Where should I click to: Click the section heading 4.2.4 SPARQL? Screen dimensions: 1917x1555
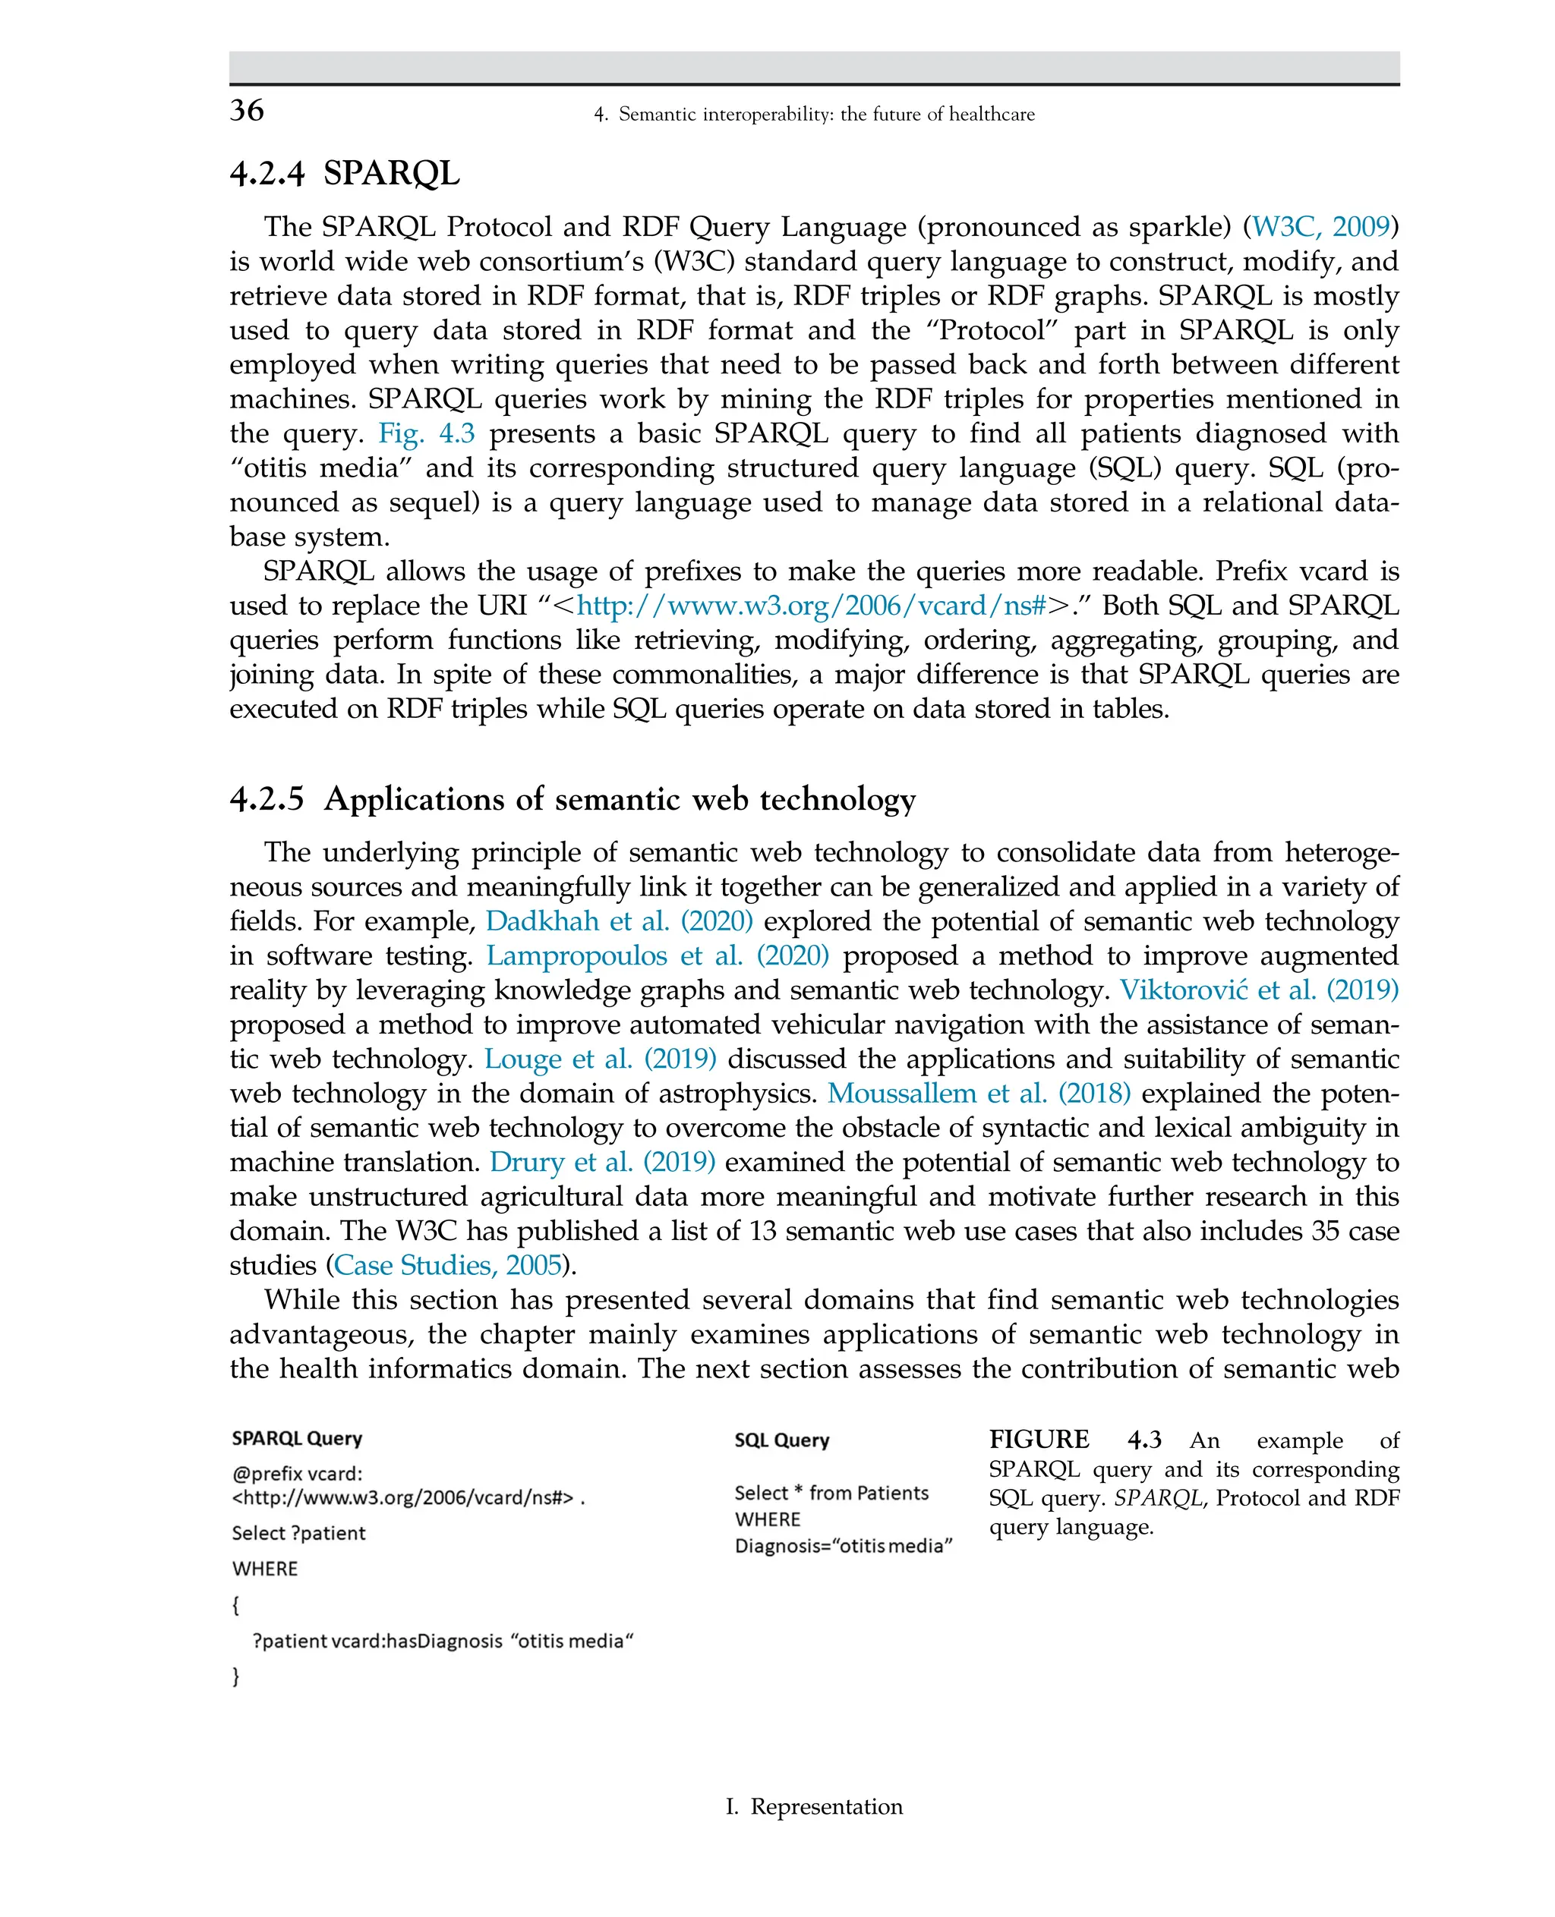(x=345, y=173)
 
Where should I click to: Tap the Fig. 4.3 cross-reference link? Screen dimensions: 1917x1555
(x=427, y=433)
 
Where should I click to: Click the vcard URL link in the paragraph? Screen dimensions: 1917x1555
(x=811, y=606)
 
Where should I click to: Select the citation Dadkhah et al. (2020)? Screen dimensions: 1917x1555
(x=619, y=921)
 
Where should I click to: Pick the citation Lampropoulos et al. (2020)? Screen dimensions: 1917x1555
(x=658, y=956)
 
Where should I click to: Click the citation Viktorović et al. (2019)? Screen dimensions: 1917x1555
(x=1259, y=990)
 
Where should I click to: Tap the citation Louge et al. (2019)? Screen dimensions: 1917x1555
(x=600, y=1059)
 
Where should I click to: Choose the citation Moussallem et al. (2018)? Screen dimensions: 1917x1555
(x=978, y=1094)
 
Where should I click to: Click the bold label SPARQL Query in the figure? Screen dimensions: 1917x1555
(x=296, y=1439)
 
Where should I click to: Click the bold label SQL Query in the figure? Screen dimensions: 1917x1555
(x=781, y=1440)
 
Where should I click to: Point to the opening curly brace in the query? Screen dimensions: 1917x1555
(x=235, y=1605)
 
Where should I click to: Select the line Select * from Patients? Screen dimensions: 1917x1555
(x=831, y=1494)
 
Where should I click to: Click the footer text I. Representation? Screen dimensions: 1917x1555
(x=813, y=1807)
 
